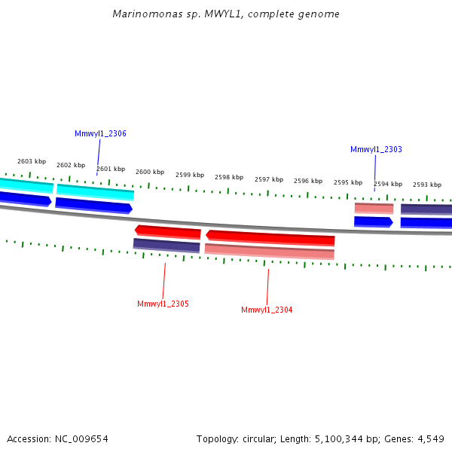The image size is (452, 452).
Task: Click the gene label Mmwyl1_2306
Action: click(x=100, y=133)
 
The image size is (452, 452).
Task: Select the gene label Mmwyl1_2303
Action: click(x=376, y=149)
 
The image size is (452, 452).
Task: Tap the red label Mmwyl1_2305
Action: click(x=163, y=304)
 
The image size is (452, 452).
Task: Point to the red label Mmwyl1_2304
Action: click(x=267, y=310)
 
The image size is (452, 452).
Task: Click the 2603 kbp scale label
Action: click(x=32, y=161)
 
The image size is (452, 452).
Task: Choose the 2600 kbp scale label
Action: click(x=150, y=172)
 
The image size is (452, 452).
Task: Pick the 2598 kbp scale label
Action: click(x=229, y=177)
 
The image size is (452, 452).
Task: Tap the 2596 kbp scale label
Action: click(x=308, y=181)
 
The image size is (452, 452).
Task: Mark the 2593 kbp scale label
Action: click(x=427, y=185)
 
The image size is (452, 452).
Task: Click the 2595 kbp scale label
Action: click(x=348, y=182)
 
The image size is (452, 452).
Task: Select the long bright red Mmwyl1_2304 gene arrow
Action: click(x=270, y=238)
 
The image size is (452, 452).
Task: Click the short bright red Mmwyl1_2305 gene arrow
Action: click(x=167, y=231)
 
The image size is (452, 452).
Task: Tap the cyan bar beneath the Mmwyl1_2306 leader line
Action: click(x=95, y=192)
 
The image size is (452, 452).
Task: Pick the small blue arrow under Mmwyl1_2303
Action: click(x=374, y=221)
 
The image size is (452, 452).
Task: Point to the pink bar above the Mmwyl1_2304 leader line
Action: click(x=269, y=252)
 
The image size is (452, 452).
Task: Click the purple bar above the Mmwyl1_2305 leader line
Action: click(x=166, y=245)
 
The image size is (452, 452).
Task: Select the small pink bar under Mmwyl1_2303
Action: click(x=374, y=208)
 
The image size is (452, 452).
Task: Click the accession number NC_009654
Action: click(x=81, y=438)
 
